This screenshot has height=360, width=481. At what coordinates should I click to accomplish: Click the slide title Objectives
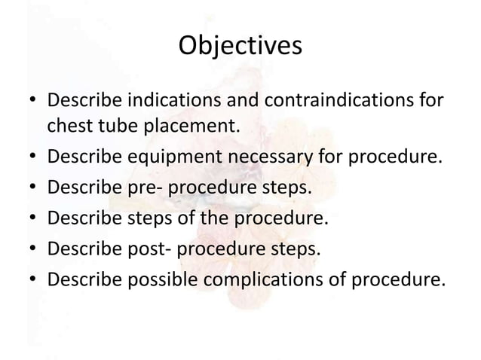pyautogui.click(x=240, y=47)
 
